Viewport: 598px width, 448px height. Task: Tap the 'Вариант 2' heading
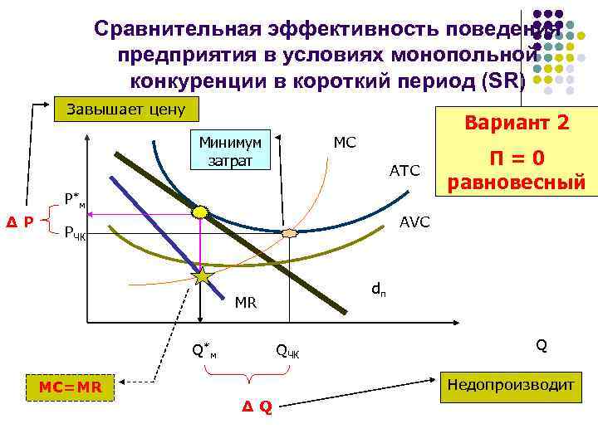tap(517, 123)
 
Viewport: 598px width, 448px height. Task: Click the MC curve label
tap(344, 143)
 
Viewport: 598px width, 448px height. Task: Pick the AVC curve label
tap(414, 222)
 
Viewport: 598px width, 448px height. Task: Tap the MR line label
tap(246, 302)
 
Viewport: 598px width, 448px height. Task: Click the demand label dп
tap(377, 290)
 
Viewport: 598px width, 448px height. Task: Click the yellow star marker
tap(202, 276)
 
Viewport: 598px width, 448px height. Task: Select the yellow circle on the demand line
tap(201, 212)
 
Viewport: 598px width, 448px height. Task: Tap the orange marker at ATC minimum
tap(289, 234)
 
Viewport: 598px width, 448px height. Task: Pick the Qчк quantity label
tap(288, 351)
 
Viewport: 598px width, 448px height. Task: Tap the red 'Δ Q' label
tap(257, 407)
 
